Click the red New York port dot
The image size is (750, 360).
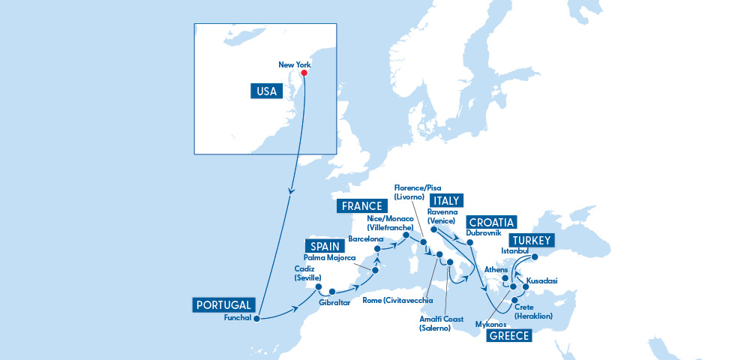(305, 73)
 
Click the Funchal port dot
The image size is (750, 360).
(256, 318)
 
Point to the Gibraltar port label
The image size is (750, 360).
(334, 302)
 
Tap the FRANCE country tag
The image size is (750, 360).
(363, 206)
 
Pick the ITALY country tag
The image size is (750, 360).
(446, 201)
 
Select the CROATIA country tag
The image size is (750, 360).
(490, 223)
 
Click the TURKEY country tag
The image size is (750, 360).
(530, 241)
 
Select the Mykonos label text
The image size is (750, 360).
(490, 325)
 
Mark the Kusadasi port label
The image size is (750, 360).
(542, 281)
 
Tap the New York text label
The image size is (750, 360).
(294, 65)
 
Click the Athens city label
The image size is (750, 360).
(497, 269)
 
